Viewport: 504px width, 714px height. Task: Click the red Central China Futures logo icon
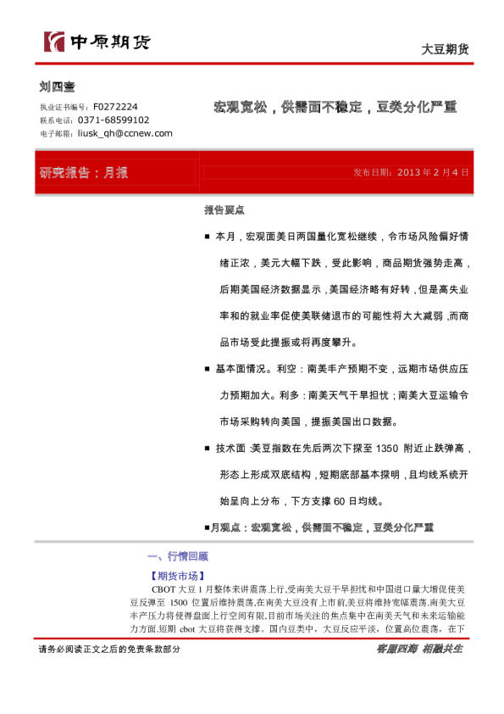tap(53, 42)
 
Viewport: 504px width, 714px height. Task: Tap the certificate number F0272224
tap(115, 107)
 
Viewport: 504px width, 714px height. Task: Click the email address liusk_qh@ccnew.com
tap(125, 133)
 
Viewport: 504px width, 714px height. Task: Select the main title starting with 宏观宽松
tap(335, 108)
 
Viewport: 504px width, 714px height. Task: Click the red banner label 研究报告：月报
tap(84, 173)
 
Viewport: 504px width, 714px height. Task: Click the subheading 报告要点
tap(224, 209)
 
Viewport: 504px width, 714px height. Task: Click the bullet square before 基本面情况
tap(208, 370)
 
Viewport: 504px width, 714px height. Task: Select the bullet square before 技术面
tap(208, 449)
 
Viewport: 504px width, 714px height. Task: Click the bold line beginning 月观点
tap(318, 527)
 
